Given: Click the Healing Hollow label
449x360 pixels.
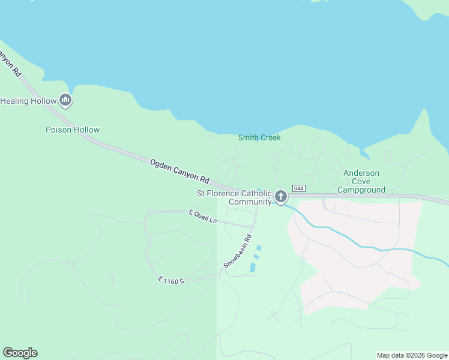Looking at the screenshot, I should (x=23, y=101).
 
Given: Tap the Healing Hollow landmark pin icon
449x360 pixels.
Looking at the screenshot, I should (x=66, y=101).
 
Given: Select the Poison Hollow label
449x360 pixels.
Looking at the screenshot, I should (x=73, y=130).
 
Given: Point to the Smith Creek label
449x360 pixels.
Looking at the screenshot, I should (x=259, y=137).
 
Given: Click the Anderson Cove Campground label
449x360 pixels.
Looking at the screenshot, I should (x=361, y=181).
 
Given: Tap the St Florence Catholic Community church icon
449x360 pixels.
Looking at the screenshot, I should (x=280, y=196).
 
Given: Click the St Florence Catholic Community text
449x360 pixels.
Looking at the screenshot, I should (x=234, y=197).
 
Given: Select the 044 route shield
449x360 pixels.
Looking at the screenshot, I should (x=299, y=188).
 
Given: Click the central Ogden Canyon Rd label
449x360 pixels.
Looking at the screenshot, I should (x=179, y=171).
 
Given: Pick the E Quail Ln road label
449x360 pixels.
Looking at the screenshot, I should (x=202, y=217).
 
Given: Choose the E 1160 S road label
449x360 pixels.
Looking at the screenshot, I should (x=171, y=280).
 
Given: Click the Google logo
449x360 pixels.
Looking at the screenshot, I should (x=20, y=353).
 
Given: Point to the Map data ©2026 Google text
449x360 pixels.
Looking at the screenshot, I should (x=412, y=355).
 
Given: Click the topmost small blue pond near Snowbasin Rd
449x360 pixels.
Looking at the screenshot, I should (x=259, y=247).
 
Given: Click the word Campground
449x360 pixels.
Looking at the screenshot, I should (x=361, y=190).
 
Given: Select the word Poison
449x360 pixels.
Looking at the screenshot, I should (x=59, y=130).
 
